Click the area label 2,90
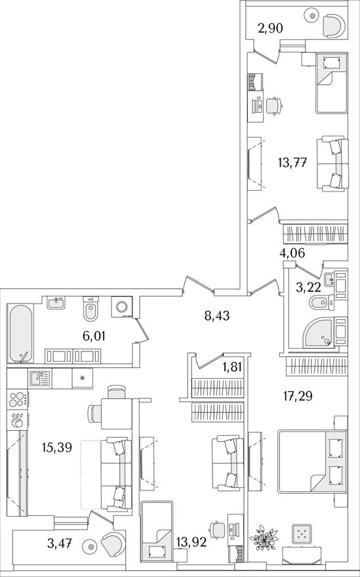pos(270,28)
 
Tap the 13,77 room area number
pos(293,162)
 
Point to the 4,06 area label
pos(292,253)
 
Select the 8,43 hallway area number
pos(217,315)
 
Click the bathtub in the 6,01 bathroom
pos(20,333)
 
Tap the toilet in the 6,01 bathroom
pos(90,309)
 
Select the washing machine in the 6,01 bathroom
pos(121,307)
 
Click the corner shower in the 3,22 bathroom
pos(319,332)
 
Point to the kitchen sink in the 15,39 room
pos(40,379)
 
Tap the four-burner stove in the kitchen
pos(18,400)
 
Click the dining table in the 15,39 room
pos(116,413)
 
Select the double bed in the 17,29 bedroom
pos(311,461)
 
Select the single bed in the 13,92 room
pos(157,531)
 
